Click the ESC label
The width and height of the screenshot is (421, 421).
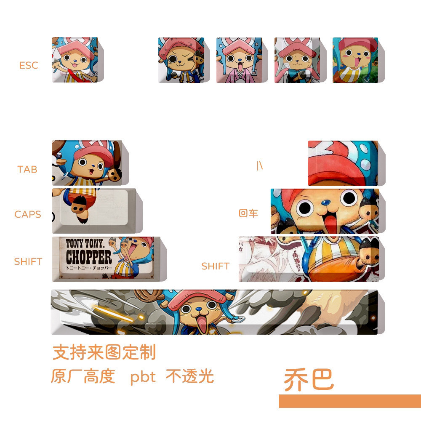(29, 65)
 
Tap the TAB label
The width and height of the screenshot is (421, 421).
(27, 169)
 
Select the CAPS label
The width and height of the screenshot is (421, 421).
(28, 214)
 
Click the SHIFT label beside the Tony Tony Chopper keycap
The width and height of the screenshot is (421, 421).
(28, 261)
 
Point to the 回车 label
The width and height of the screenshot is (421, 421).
(248, 213)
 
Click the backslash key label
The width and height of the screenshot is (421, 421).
(259, 166)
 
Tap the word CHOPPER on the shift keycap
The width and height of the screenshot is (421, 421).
(89, 257)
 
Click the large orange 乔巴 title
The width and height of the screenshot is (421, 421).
(309, 380)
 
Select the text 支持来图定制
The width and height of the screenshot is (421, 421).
(104, 352)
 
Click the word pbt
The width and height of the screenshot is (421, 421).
(143, 376)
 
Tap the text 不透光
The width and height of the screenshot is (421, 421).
(189, 376)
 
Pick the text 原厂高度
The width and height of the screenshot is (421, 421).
(83, 376)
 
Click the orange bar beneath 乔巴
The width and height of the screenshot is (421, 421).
(349, 401)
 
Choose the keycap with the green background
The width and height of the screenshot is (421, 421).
(355, 60)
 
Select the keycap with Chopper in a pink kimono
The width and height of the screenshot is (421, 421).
(239, 60)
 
